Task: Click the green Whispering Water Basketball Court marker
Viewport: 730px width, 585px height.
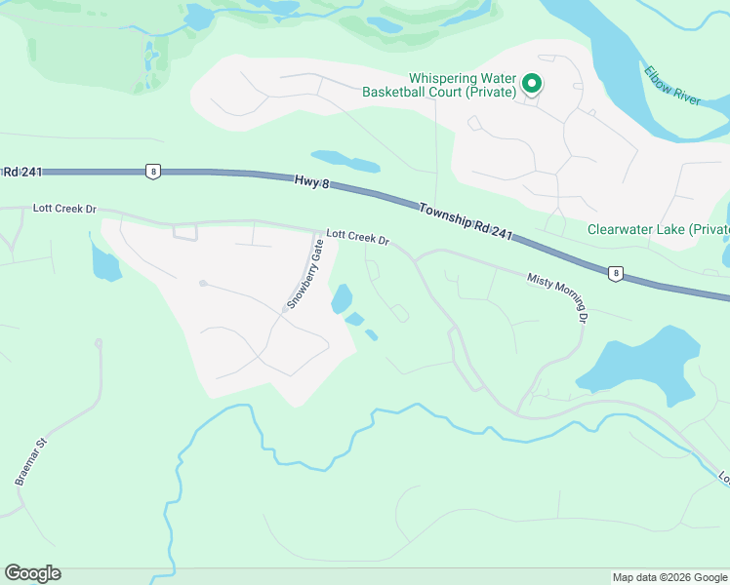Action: click(x=532, y=85)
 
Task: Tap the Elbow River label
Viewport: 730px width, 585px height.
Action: click(x=671, y=86)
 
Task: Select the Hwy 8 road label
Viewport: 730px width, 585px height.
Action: click(x=307, y=180)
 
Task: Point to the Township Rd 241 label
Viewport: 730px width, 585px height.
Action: click(x=466, y=221)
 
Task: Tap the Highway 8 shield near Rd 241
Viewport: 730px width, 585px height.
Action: click(x=152, y=172)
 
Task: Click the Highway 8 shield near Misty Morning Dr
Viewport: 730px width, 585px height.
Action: click(x=615, y=274)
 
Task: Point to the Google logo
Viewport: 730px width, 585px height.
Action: click(x=32, y=573)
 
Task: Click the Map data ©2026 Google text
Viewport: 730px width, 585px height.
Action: click(x=669, y=577)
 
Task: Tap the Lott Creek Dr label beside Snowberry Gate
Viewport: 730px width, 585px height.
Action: click(x=357, y=237)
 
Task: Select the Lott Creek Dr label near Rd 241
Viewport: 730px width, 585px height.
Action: click(x=64, y=209)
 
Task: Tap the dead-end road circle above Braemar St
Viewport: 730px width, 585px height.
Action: click(x=99, y=343)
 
